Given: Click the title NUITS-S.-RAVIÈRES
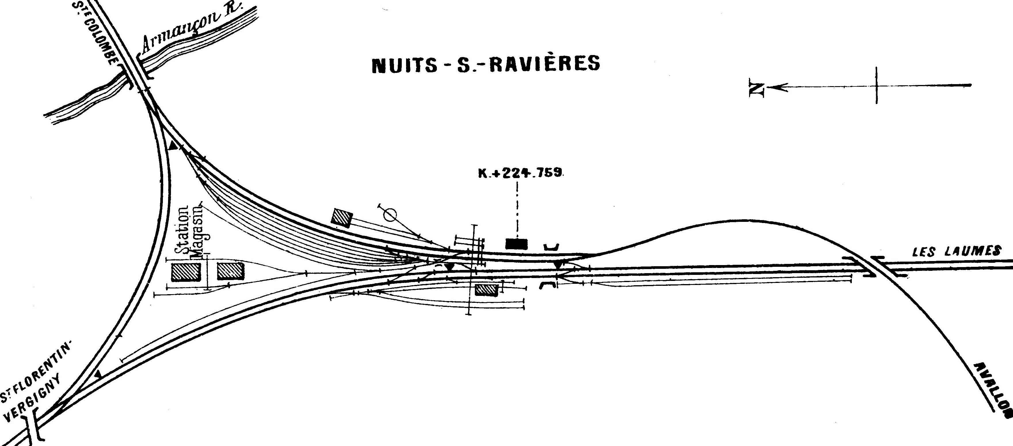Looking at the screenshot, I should (x=486, y=64).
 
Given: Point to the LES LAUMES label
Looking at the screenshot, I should (x=956, y=251).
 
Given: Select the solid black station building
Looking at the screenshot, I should (x=516, y=244).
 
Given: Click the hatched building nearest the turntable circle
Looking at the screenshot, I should (x=342, y=218).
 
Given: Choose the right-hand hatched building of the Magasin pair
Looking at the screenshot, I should (x=231, y=271).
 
